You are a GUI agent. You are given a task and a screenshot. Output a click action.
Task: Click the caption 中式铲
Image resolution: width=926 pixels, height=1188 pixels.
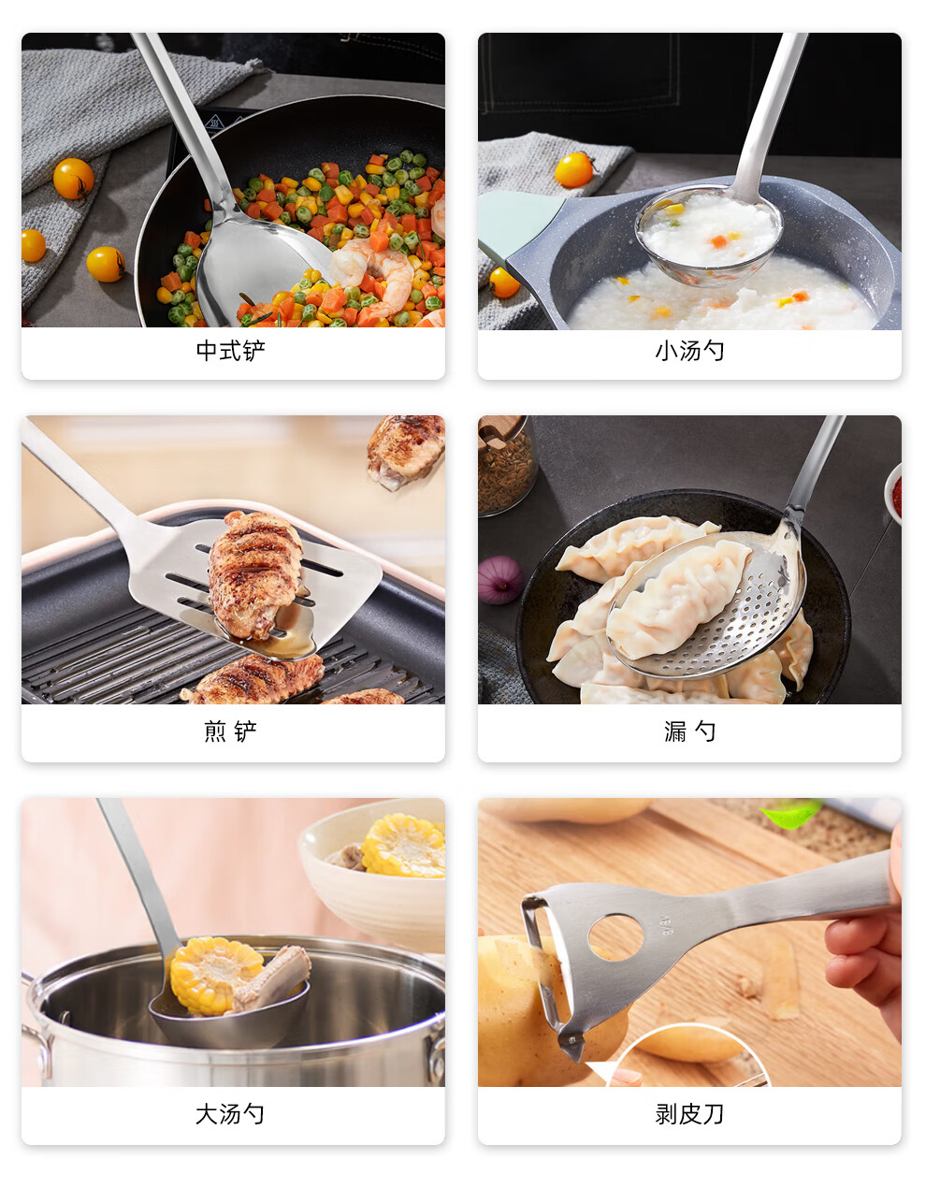pyautogui.click(x=231, y=351)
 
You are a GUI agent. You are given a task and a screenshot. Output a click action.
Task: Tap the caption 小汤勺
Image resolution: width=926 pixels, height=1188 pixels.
pyautogui.click(x=690, y=351)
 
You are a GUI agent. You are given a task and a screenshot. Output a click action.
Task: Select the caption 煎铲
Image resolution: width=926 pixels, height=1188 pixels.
pyautogui.click(x=231, y=731)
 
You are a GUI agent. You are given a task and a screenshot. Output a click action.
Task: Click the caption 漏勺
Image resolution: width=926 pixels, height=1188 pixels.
pyautogui.click(x=690, y=731)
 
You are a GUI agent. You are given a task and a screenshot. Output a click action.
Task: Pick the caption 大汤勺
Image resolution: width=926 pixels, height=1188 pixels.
pyautogui.click(x=230, y=1114)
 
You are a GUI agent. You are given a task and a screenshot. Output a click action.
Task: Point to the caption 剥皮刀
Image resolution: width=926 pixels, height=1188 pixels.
pyautogui.click(x=690, y=1114)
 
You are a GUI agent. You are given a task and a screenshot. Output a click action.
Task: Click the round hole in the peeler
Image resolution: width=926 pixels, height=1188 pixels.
pyautogui.click(x=616, y=936)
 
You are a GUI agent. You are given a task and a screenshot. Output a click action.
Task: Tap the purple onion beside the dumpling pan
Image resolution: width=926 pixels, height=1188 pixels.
pyautogui.click(x=499, y=580)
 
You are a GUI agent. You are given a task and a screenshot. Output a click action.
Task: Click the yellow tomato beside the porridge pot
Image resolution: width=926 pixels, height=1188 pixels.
pyautogui.click(x=574, y=170)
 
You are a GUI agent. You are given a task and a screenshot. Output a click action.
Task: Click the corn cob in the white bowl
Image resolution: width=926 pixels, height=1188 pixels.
pyautogui.click(x=403, y=846)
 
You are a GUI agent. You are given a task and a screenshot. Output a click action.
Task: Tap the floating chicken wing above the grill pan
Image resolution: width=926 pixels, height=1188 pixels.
pyautogui.click(x=406, y=452)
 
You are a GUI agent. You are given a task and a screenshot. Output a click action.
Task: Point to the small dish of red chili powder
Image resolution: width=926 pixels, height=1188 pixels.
pyautogui.click(x=893, y=495)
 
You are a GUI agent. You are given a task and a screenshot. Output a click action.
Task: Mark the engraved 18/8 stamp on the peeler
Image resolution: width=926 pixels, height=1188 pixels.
pyautogui.click(x=666, y=925)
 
